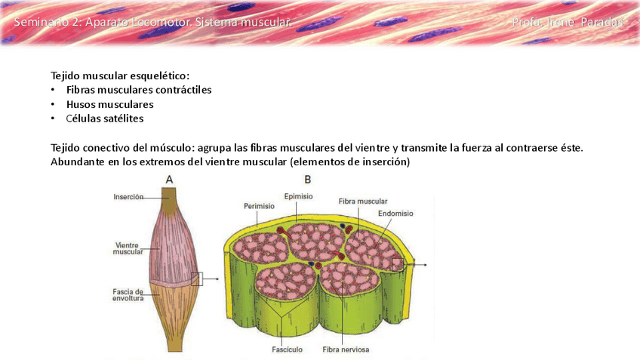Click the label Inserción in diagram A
[x=128, y=197]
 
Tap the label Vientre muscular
[x=128, y=248]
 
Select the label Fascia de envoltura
[x=128, y=295]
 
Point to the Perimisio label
[x=259, y=205]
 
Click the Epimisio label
[x=299, y=196]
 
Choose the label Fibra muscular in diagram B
[x=363, y=202]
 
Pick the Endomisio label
[x=395, y=214]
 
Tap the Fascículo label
[x=287, y=349]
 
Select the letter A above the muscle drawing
[x=170, y=180]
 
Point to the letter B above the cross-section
[x=307, y=180]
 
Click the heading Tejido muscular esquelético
[x=120, y=75]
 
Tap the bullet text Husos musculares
[x=109, y=104]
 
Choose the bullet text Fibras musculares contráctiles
[x=139, y=90]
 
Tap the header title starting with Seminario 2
[x=151, y=23]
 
